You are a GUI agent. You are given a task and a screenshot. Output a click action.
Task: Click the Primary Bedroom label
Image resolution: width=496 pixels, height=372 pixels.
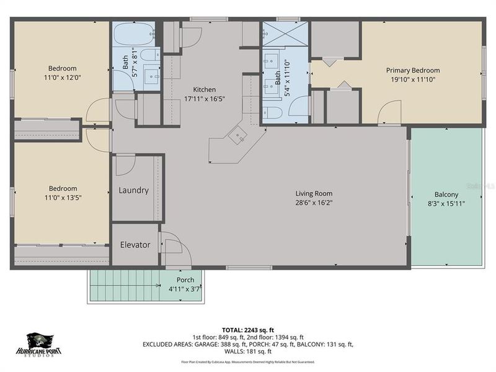tap(412, 70)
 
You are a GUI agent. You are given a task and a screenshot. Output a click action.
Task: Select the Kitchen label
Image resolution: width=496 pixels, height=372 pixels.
tap(204, 90)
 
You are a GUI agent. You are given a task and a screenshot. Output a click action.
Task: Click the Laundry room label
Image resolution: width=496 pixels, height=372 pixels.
tap(133, 190)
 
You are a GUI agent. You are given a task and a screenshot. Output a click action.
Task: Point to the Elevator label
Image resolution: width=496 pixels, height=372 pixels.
tap(135, 245)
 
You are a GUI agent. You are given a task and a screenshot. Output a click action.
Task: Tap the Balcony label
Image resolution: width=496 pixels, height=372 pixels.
tap(446, 194)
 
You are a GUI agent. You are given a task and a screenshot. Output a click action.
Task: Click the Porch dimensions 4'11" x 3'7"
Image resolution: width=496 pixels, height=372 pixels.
tap(185, 288)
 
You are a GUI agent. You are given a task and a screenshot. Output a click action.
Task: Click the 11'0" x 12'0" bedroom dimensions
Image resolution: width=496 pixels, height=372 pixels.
tap(63, 77)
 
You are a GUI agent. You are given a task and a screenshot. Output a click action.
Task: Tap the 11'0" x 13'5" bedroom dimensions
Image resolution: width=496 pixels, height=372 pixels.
tap(63, 197)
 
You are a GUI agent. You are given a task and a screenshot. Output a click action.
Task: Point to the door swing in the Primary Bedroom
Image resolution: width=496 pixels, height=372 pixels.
tap(389, 112)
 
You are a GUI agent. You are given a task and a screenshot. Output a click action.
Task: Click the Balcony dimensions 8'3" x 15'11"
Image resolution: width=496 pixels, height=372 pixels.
tap(446, 203)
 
